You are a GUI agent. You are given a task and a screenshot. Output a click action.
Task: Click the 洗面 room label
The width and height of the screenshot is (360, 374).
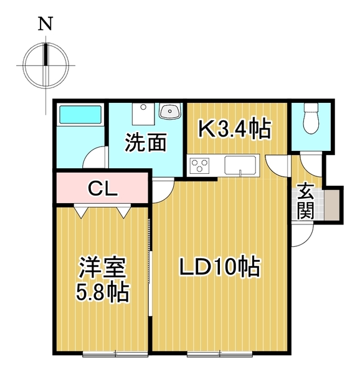(146, 144)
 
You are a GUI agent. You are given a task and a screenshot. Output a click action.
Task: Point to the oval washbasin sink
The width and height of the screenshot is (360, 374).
(169, 112)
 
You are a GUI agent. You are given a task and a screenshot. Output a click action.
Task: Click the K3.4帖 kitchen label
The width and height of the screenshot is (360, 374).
(234, 130)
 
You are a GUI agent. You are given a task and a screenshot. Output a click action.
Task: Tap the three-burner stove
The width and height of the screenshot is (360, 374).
(201, 166)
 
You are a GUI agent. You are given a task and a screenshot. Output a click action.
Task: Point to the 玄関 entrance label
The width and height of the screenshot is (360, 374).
(305, 201)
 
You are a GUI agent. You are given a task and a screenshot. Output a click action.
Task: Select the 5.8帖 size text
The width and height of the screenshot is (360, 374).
(103, 292)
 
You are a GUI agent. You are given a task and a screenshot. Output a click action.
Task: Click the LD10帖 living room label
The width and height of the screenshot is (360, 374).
(219, 268)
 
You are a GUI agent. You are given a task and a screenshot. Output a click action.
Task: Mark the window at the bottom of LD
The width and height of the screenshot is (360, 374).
(219, 355)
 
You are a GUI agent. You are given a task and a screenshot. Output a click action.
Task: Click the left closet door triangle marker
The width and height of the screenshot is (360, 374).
(82, 213)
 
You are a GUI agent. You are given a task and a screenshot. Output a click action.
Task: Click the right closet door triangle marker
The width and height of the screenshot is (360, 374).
(123, 213)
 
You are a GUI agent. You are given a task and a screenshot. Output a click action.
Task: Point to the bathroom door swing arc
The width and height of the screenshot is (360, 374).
(93, 156)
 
